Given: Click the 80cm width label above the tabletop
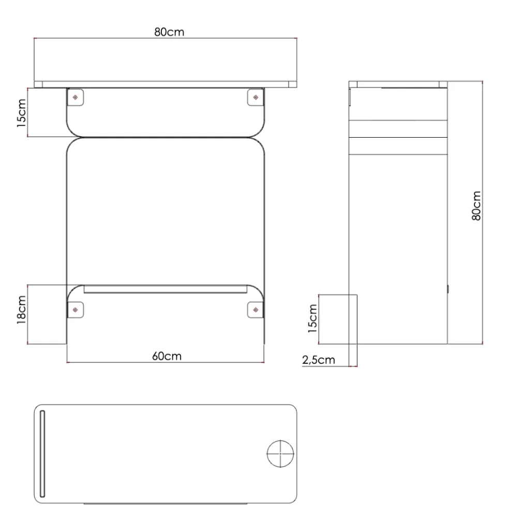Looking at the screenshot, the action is click(169, 32).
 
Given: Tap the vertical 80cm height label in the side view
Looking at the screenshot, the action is click(476, 205).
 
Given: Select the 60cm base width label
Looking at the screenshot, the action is click(167, 356).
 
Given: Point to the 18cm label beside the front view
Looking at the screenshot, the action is click(21, 310).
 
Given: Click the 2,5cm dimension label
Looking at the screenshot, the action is click(319, 360).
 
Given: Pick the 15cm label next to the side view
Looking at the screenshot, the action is click(313, 319).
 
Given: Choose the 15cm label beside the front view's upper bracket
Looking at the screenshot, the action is click(21, 113).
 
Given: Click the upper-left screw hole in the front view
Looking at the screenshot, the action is click(76, 97).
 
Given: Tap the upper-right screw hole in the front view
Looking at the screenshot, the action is click(256, 97).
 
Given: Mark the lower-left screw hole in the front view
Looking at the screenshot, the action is click(76, 310).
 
